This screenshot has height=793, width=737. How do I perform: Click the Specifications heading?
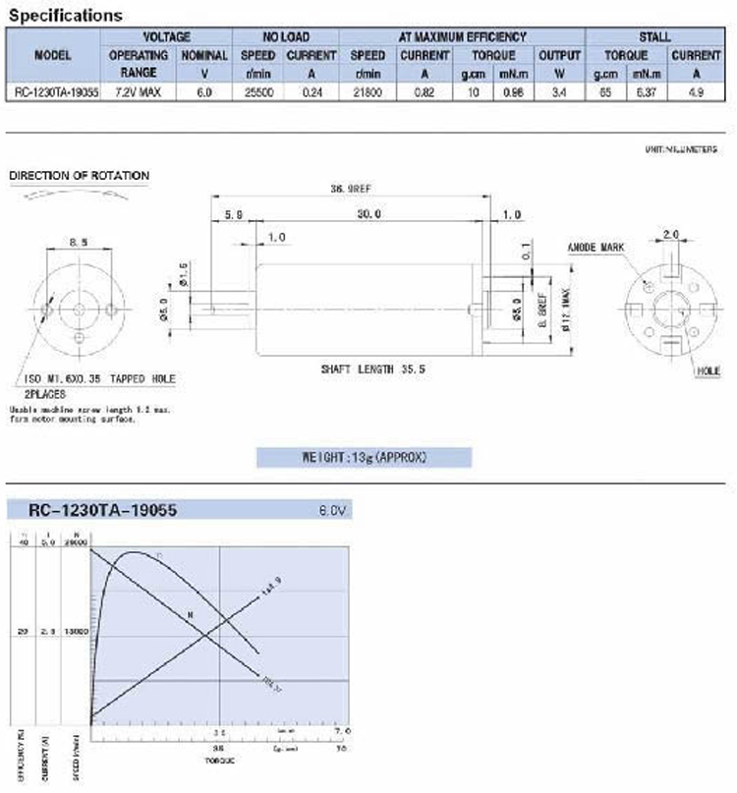[x=66, y=16]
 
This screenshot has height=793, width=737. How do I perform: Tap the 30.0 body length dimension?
[x=369, y=213]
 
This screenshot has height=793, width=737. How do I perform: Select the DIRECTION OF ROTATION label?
[x=79, y=176]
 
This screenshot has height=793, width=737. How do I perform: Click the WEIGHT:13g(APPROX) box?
[x=364, y=458]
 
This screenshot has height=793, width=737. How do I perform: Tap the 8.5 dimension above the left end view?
[x=79, y=239]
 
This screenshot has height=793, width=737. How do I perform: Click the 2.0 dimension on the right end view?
[x=671, y=234]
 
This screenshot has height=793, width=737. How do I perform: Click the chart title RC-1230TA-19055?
[x=103, y=510]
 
